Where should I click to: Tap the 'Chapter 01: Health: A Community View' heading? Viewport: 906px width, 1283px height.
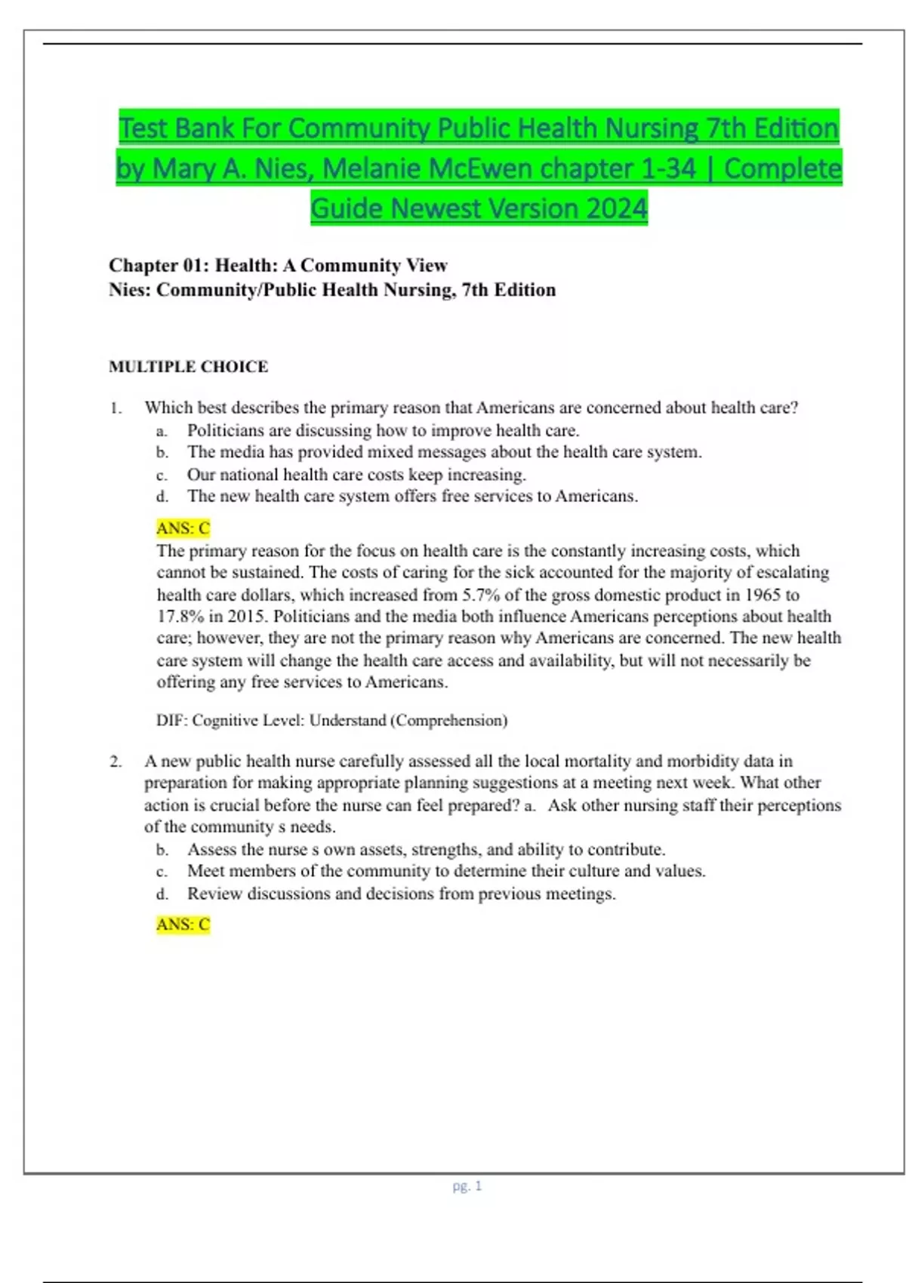[x=278, y=265]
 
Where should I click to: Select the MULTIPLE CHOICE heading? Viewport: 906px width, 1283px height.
[x=188, y=367]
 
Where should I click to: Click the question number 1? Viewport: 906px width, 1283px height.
[x=115, y=408]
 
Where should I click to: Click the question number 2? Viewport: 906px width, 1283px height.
[x=115, y=761]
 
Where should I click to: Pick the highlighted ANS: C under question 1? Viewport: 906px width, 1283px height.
[x=183, y=528]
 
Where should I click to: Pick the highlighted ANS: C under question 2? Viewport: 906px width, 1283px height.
[x=183, y=925]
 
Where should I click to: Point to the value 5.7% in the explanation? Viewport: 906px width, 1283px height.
[x=481, y=595]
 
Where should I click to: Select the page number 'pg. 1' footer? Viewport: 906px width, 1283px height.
[x=467, y=1186]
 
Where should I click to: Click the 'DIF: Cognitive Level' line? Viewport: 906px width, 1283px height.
[x=331, y=720]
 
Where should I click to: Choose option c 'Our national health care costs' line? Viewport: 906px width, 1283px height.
[x=356, y=475]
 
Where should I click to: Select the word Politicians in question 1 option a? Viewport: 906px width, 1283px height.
[x=226, y=431]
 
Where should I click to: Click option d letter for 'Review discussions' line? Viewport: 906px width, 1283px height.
[x=162, y=894]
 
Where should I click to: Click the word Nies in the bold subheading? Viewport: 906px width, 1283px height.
[x=129, y=290]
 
